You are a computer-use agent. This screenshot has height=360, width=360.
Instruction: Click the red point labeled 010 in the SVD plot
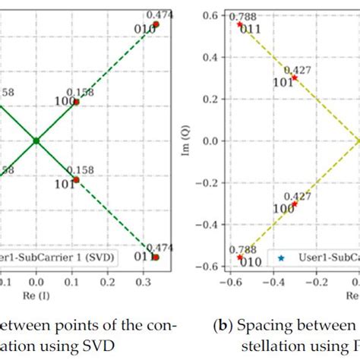[x=156, y=25]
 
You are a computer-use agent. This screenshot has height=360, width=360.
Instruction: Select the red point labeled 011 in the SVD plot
[x=156, y=257]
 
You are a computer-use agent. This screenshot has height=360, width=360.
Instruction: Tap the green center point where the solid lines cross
[x=36, y=141]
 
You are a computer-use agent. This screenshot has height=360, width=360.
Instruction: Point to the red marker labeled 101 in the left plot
[x=76, y=179]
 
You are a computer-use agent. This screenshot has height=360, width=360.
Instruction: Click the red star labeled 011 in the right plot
[x=240, y=24]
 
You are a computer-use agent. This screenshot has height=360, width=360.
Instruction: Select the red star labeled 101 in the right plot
[x=295, y=77]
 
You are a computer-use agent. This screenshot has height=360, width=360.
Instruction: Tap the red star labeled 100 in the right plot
[x=295, y=204]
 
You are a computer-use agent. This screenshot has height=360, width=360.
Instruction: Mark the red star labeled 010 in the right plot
[x=240, y=257]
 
